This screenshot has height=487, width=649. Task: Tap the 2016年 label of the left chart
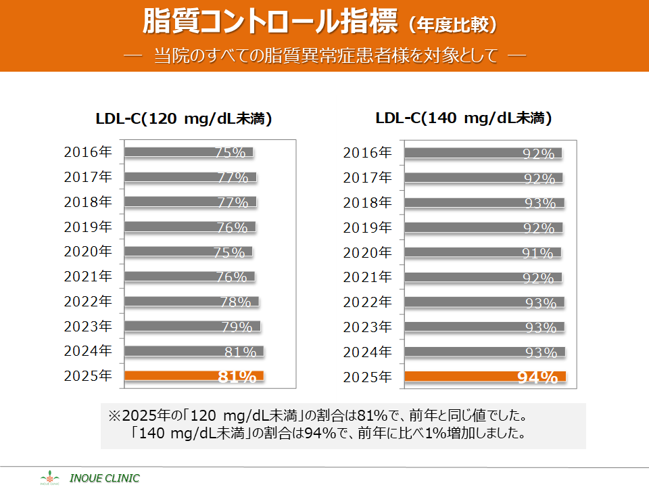(88, 152)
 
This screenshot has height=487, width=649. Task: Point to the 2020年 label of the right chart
(367, 252)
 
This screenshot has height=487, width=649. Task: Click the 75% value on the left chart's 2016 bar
(230, 153)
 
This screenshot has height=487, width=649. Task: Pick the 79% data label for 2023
(237, 327)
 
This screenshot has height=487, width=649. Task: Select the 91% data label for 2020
(538, 254)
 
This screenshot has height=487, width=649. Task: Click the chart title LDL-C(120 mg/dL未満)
(183, 120)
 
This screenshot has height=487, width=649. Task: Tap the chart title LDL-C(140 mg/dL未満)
(464, 118)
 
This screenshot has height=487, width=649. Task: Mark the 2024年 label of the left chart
(88, 351)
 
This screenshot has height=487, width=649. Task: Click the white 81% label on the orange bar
(237, 377)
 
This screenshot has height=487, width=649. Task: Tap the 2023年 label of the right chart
(367, 327)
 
